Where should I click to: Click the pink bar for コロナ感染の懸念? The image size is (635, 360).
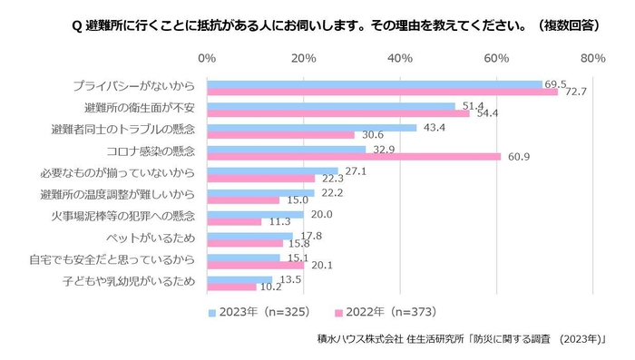[354, 157]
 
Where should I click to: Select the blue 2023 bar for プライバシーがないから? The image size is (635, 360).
[375, 83]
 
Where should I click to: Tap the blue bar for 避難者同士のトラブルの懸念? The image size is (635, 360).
[312, 127]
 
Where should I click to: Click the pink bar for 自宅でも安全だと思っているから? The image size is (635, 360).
[255, 266]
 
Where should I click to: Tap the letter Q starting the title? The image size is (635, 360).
[76, 26]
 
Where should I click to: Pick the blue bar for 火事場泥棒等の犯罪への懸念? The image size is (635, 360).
[255, 214]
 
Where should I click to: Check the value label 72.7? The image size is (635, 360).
[575, 92]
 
